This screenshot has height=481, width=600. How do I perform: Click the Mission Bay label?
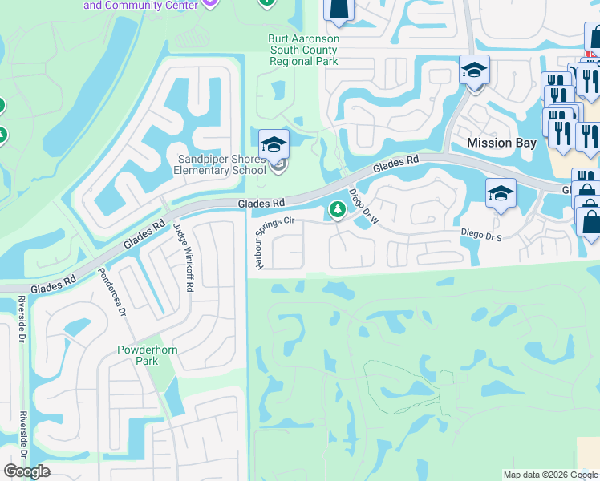tap(501, 143)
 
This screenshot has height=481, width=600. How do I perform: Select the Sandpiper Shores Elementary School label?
tap(221, 164)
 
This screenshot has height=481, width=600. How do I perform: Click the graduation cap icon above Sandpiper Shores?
tap(274, 145)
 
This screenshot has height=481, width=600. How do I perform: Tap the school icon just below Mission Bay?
tap(501, 193)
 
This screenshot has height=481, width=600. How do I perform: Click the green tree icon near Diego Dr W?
tap(338, 210)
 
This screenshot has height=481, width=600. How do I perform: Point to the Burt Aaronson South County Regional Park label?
tap(304, 50)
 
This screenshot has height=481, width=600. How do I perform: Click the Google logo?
tap(26, 471)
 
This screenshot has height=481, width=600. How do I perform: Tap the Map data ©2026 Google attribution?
tap(549, 475)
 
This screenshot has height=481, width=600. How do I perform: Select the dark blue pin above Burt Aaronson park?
tap(339, 8)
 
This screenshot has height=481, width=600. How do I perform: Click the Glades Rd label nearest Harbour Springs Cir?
tap(261, 204)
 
